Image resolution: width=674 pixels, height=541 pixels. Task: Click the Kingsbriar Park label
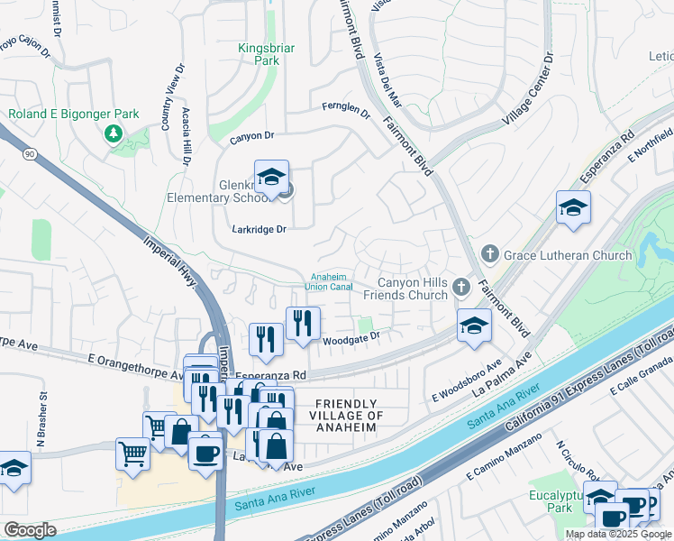click(x=259, y=54)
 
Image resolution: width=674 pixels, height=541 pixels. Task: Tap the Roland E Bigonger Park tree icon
click(x=114, y=134)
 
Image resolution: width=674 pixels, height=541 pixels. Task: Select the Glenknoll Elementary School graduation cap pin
click(x=270, y=177)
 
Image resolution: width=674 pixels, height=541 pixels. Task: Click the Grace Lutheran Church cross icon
click(x=490, y=255)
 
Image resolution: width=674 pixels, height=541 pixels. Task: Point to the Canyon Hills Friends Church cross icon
click(x=461, y=288)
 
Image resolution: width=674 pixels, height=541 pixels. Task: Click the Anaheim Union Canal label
click(x=332, y=281)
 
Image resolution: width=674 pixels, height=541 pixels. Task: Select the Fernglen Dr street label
click(x=347, y=107)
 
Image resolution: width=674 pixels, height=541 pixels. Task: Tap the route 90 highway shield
click(x=30, y=155)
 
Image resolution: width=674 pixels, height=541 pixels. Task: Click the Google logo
click(x=30, y=530)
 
